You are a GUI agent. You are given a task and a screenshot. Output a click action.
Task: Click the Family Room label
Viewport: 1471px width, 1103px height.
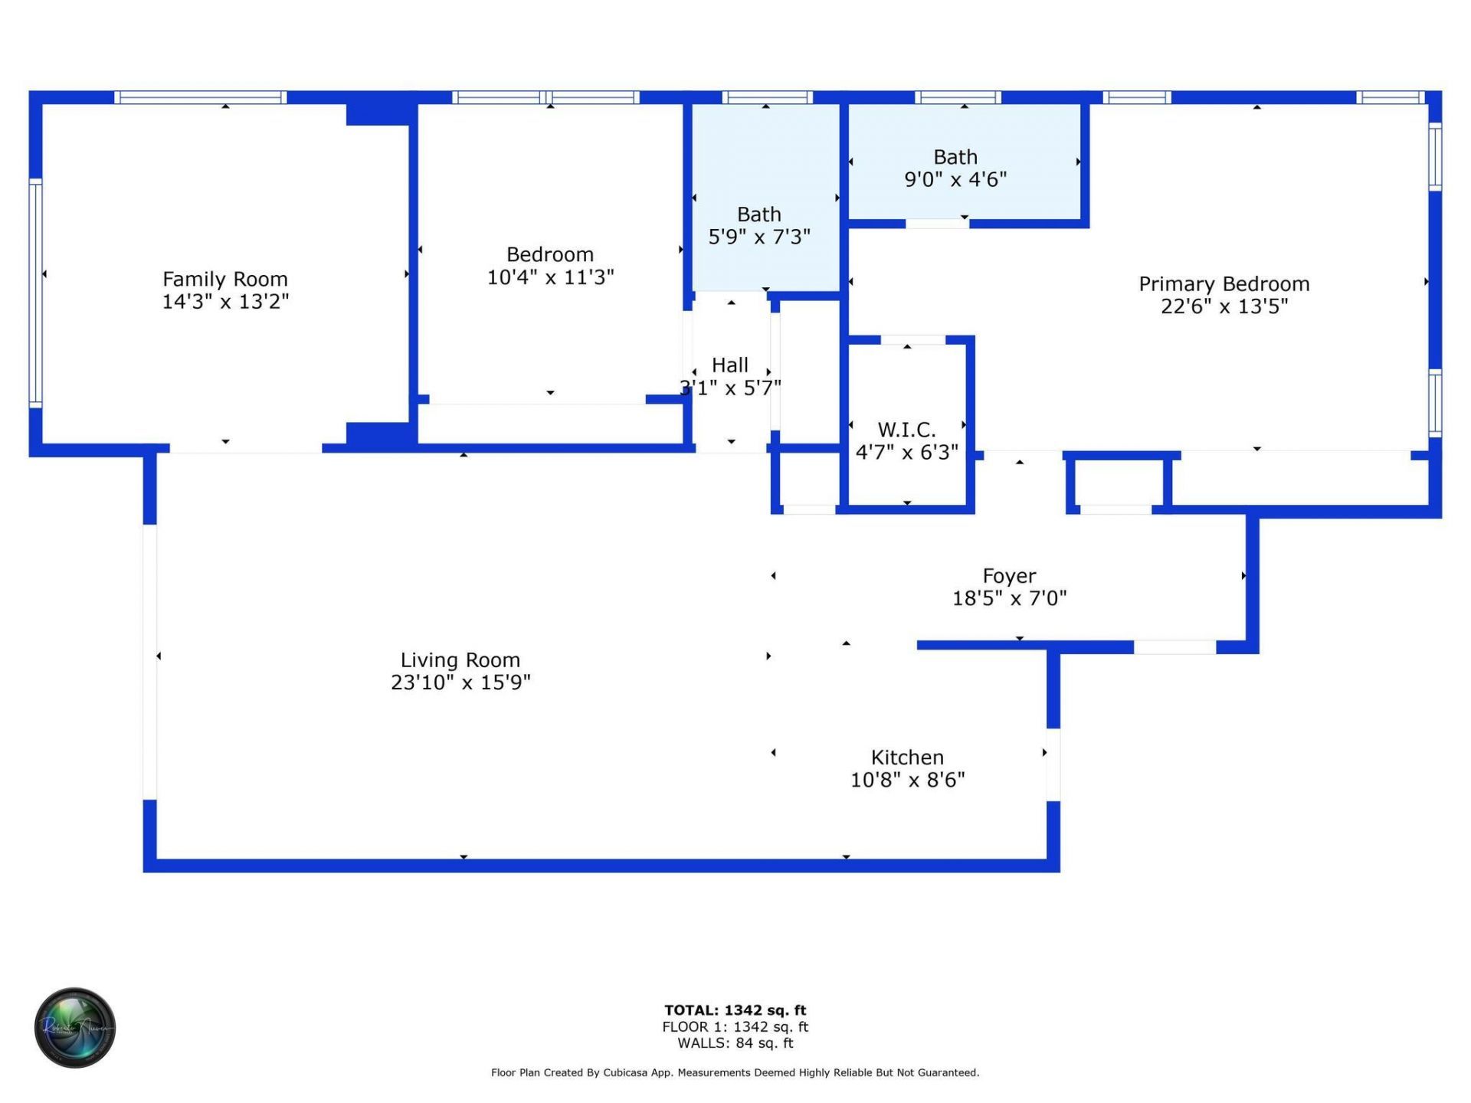(x=224, y=280)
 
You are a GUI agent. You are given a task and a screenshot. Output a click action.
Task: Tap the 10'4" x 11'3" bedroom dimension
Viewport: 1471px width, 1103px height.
(x=550, y=277)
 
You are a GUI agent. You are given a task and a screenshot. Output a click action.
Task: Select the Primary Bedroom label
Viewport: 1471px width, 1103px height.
(x=1224, y=284)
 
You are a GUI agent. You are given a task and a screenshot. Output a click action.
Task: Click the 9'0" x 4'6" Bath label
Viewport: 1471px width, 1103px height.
(x=955, y=169)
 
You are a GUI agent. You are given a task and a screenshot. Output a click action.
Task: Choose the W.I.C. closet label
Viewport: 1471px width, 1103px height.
(x=906, y=430)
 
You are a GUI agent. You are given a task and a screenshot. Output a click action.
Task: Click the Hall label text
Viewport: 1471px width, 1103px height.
(x=729, y=365)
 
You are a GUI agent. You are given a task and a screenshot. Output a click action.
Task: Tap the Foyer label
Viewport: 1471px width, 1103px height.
(x=1009, y=576)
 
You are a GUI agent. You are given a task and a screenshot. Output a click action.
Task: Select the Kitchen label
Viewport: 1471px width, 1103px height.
(x=907, y=758)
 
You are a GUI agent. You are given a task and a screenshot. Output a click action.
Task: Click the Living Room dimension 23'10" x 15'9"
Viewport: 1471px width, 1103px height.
(x=460, y=682)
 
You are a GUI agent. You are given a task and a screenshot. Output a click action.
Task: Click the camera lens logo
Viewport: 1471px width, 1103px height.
(x=75, y=1027)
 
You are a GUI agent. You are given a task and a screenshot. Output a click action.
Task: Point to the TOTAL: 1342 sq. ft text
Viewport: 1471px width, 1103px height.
(x=735, y=1010)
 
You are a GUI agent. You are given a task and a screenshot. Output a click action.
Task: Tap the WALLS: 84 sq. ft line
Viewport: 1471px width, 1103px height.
(x=735, y=1043)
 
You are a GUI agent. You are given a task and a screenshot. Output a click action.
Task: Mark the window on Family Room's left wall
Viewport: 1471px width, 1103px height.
(x=35, y=292)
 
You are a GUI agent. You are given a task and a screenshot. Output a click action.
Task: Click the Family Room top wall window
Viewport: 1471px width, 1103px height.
(x=201, y=97)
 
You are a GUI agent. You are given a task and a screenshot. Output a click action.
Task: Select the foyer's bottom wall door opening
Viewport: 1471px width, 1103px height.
(x=1175, y=647)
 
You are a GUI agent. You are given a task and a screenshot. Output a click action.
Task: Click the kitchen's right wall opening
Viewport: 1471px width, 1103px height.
(x=1053, y=764)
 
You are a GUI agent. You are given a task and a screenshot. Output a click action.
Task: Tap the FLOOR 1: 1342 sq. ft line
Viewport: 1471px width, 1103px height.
(x=735, y=1027)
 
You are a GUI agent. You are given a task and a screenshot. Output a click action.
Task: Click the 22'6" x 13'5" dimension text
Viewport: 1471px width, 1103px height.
(x=1224, y=306)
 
